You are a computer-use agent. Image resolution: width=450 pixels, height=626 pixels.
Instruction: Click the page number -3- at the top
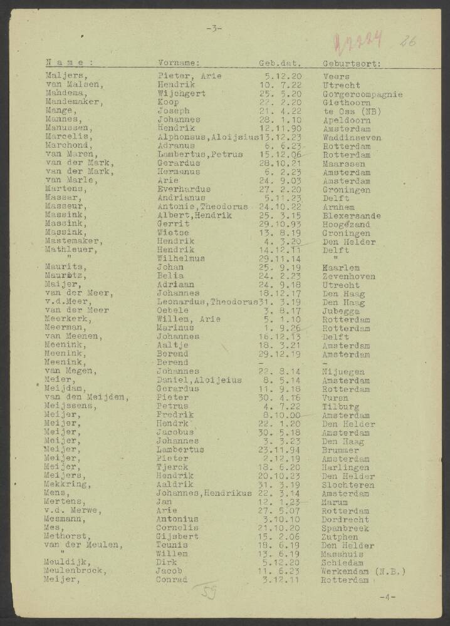coord(214,28)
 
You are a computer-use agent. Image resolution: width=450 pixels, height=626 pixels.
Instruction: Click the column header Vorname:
coord(179,63)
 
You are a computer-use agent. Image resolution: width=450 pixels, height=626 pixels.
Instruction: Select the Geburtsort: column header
coord(352,63)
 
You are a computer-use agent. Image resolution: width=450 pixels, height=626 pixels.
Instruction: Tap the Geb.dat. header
coord(280,63)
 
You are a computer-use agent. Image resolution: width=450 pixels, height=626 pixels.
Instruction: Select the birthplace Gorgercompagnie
coord(362,94)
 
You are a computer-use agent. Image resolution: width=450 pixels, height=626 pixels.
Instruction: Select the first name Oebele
coord(172,310)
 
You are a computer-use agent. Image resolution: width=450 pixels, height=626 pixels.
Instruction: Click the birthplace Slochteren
coord(349,485)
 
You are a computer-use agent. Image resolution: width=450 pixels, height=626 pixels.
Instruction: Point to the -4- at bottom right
coord(387,597)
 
